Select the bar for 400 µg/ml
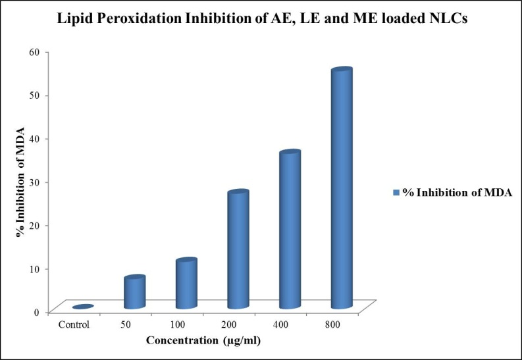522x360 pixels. (x=290, y=230)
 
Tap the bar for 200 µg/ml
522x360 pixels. (x=238, y=250)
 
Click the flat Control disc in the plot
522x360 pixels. (x=83, y=307)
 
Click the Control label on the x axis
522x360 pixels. (x=74, y=324)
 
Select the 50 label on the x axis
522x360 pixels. (x=125, y=324)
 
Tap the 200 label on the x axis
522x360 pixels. (x=229, y=324)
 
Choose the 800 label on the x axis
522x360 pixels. (x=333, y=324)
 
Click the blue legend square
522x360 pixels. (x=396, y=192)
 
